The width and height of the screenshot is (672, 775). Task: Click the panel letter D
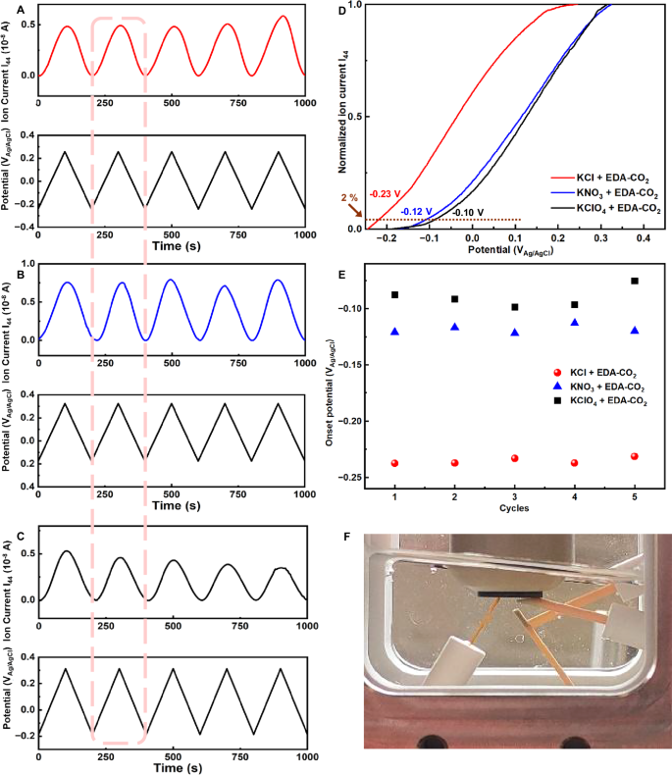(x=341, y=11)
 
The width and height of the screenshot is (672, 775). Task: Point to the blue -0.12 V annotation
(x=417, y=211)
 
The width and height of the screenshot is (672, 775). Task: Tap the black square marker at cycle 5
(x=635, y=282)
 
